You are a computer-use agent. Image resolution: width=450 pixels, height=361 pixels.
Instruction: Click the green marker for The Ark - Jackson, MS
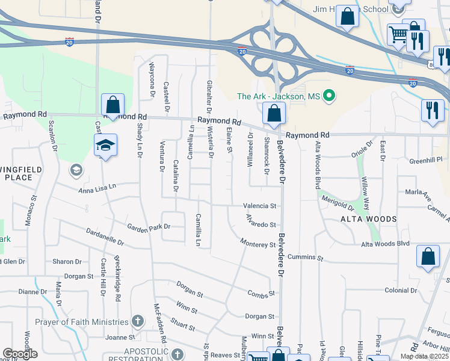329,96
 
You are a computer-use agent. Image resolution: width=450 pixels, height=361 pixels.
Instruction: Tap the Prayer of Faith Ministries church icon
138,322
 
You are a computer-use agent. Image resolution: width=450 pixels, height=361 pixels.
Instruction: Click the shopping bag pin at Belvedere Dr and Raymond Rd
274,114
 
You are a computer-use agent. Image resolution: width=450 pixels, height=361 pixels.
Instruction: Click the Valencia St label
259,205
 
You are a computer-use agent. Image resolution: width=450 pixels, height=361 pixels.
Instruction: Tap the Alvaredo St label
260,224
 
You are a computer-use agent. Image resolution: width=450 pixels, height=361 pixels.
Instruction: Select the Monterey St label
257,245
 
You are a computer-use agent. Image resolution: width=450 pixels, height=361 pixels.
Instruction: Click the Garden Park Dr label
149,227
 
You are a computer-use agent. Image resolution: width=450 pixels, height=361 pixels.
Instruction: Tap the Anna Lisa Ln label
96,190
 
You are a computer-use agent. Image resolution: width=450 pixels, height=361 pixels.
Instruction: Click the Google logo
20,354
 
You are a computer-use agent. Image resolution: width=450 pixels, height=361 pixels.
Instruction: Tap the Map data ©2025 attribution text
424,356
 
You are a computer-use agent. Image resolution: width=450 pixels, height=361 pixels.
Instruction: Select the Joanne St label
119,338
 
